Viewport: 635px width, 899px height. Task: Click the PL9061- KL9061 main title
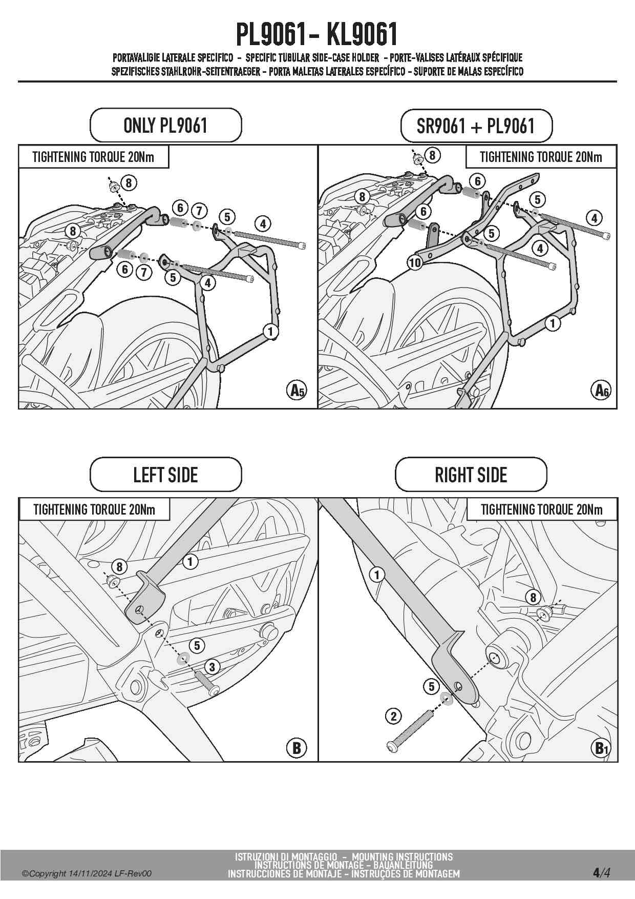pos(317,35)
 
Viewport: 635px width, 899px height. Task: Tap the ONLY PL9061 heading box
pos(165,125)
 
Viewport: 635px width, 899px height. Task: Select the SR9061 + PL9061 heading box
pos(476,126)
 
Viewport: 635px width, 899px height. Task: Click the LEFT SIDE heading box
pos(165,475)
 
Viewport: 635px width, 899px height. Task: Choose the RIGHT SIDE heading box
pos(471,475)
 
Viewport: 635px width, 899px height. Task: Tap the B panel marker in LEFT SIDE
pos(297,748)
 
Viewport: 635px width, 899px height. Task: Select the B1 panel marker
pos(600,748)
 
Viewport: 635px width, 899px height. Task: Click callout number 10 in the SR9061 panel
pos(415,263)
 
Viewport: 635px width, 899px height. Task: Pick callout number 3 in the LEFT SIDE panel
pos(212,667)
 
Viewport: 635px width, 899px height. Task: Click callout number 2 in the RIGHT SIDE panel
pos(393,716)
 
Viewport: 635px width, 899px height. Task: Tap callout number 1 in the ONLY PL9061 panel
pos(270,331)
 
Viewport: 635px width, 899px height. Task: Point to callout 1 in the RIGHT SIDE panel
pos(377,575)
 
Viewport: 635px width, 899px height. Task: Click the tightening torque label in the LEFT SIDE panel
pos(94,509)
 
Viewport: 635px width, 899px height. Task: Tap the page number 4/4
pos(601,872)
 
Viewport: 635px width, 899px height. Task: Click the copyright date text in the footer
pos(87,874)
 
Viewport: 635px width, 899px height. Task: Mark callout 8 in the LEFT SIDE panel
pos(119,566)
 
